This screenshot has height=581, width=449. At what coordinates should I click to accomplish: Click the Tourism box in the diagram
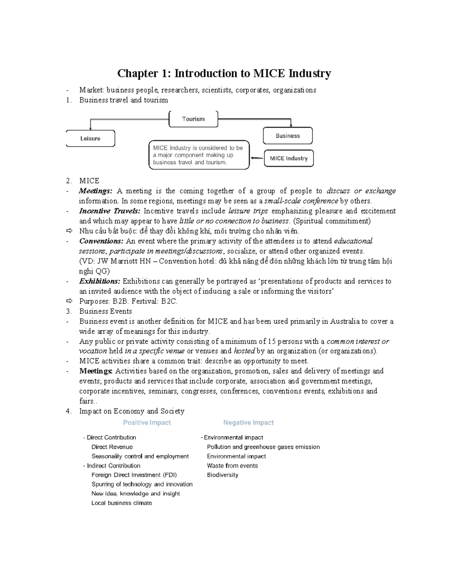tap(193, 119)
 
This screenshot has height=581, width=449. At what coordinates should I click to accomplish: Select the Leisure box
tap(90, 138)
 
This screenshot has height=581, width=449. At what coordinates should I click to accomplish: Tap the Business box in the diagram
tap(287, 136)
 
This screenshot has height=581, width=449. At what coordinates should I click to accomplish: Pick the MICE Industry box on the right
tap(288, 158)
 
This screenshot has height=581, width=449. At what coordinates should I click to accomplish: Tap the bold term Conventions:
tap(101, 241)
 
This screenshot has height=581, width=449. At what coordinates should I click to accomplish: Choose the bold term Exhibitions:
tap(100, 281)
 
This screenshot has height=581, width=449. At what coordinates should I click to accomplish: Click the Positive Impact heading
tap(147, 423)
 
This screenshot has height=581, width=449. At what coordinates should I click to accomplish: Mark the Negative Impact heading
tap(248, 423)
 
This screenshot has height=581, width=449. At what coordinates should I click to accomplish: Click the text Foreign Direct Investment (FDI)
tap(134, 475)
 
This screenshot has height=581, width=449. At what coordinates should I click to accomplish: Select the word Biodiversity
tap(223, 475)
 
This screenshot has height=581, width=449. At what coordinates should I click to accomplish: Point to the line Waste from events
tap(232, 466)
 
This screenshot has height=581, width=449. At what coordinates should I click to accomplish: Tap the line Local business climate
tap(122, 503)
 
